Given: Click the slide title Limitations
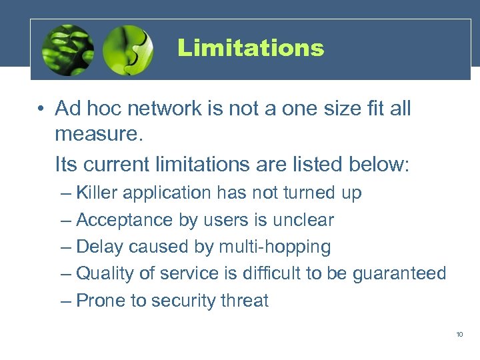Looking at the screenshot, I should click(251, 48).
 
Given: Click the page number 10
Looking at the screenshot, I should click(459, 334).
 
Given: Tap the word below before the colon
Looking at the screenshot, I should click(377, 164).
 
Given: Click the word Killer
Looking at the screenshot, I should click(98, 193).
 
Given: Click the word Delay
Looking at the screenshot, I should click(100, 247).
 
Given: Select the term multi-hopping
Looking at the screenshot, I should click(273, 247).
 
